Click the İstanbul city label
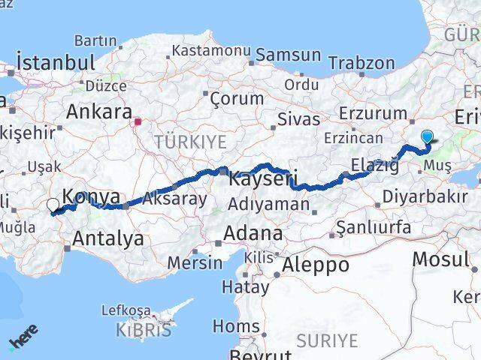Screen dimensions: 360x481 coord(56,62)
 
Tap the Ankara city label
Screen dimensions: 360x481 coord(99,112)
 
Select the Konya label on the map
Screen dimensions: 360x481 coord(90,196)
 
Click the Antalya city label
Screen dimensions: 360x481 coord(109,239)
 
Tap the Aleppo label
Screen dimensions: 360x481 coord(315,265)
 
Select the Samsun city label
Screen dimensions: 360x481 coord(289,55)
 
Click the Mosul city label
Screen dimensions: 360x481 coord(446,259)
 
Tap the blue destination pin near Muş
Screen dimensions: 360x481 coord(428,136)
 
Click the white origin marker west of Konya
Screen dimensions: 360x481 coord(53,204)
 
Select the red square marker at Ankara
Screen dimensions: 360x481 coord(138,120)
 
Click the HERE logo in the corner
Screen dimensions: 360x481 coord(23,338)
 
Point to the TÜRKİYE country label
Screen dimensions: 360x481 coord(190,141)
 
